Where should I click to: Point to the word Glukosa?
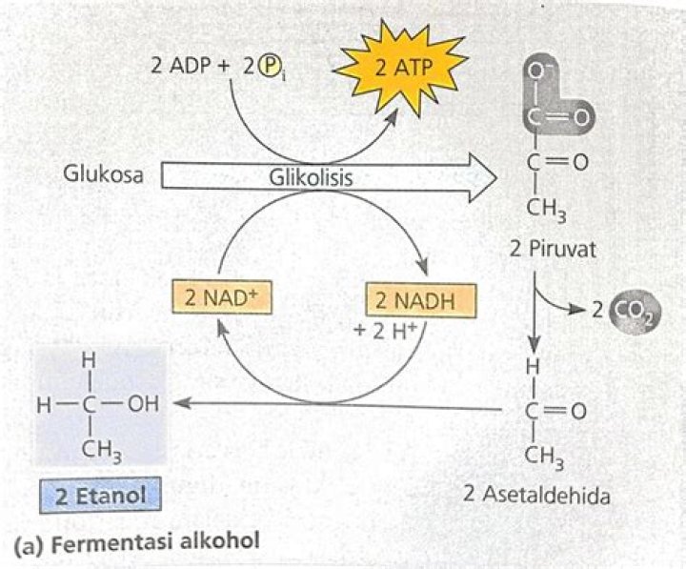pos(103,175)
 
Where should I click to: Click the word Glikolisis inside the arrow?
pos(310,178)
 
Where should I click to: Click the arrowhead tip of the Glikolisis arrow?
pos(495,177)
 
